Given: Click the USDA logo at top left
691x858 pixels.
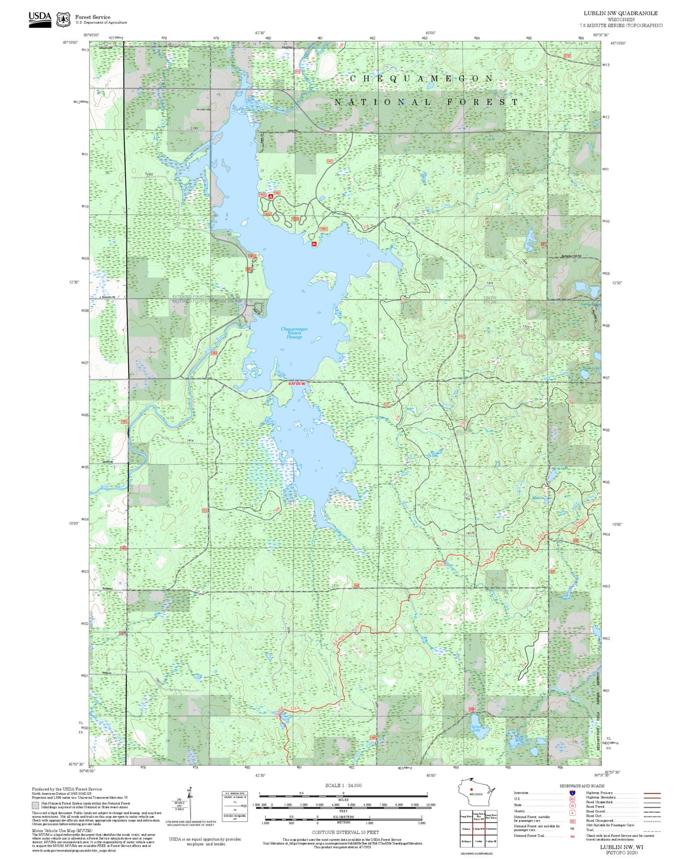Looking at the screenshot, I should pyautogui.click(x=40, y=19).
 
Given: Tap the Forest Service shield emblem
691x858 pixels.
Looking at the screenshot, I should pyautogui.click(x=63, y=20).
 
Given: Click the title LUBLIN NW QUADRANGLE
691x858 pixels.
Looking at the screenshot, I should pyautogui.click(x=620, y=13).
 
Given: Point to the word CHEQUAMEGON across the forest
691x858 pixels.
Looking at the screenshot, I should pyautogui.click(x=421, y=78).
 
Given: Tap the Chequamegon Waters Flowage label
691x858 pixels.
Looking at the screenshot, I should pyautogui.click(x=294, y=333).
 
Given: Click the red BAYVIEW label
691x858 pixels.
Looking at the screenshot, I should pyautogui.click(x=296, y=384).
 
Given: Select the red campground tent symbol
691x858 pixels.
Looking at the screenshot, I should pyautogui.click(x=271, y=196).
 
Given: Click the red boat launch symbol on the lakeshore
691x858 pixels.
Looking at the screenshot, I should pyautogui.click(x=314, y=243).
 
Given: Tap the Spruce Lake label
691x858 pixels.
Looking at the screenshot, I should pyautogui.click(x=476, y=729).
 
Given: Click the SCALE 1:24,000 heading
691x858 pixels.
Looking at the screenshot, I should pyautogui.click(x=343, y=785).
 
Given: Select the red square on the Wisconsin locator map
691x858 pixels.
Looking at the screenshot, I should pyautogui.click(x=471, y=790).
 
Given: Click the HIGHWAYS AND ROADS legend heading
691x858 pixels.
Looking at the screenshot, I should pyautogui.click(x=582, y=786).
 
